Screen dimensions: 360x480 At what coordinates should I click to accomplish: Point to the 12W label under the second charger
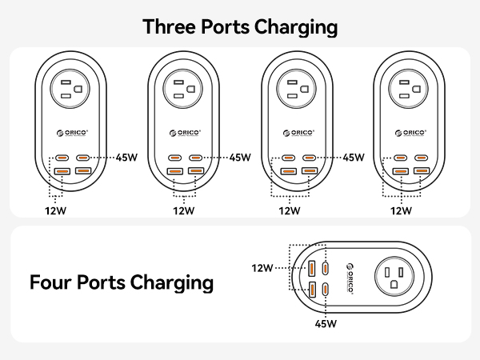pos(184,211)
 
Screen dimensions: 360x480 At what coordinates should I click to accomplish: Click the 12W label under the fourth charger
pos(402,211)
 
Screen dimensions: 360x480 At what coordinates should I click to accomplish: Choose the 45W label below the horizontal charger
pos(326,324)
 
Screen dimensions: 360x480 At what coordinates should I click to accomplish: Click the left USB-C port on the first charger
pos(61,158)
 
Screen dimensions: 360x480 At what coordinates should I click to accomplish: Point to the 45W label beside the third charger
pos(354,158)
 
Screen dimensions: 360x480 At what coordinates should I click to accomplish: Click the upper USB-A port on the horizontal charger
pos(311,268)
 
